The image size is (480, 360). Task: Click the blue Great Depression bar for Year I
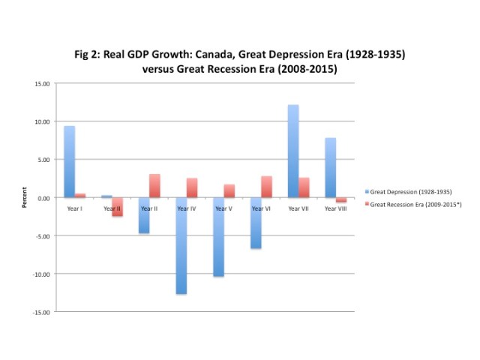click(69, 161)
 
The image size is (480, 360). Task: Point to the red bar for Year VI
click(267, 187)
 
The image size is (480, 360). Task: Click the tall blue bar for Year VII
click(293, 151)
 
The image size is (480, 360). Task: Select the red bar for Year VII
click(304, 187)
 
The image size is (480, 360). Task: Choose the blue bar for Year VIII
click(331, 167)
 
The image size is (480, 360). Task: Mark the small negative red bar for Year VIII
click(341, 199)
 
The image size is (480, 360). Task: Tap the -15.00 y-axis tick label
click(40, 311)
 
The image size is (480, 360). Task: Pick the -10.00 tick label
click(40, 274)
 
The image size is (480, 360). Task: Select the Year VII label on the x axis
click(298, 208)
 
